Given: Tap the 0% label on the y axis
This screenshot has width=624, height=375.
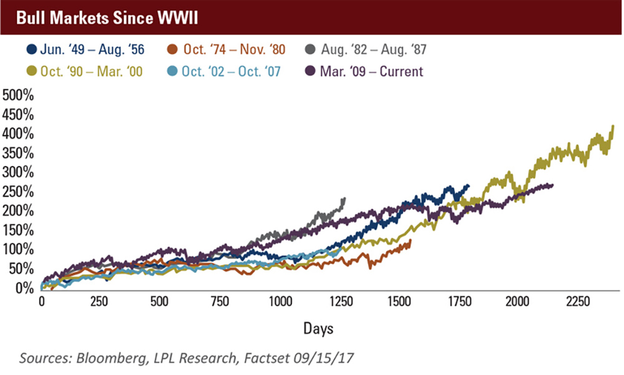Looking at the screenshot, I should [25, 288].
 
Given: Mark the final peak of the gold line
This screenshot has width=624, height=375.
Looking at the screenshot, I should [613, 126].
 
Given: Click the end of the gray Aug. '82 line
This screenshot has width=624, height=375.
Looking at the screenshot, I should [344, 199].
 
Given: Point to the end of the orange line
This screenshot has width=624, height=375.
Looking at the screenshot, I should [410, 240].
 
